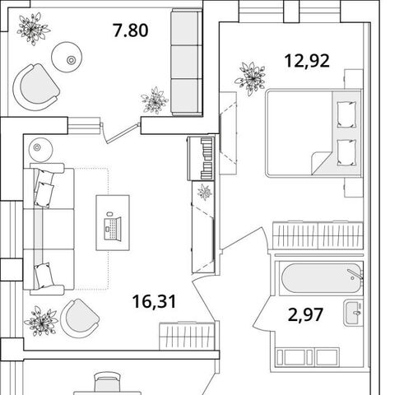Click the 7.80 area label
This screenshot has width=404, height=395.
[x=131, y=30]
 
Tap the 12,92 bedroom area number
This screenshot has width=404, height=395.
[x=307, y=61]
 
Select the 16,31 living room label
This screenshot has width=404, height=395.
[x=154, y=301]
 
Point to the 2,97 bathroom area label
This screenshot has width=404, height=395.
[x=305, y=314]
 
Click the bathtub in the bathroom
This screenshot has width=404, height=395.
[x=322, y=278]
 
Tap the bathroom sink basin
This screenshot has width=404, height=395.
[x=353, y=313]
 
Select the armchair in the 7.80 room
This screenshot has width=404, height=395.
[x=35, y=87]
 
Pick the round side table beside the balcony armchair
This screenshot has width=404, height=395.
[x=67, y=57]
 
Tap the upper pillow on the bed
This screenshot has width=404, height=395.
[x=346, y=114]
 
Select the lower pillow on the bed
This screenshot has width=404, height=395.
[x=346, y=152]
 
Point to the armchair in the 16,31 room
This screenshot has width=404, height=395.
[x=80, y=318]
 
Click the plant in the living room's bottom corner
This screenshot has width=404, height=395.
[x=40, y=321]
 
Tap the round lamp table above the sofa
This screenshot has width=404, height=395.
[x=40, y=150]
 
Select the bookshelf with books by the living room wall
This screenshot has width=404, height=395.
[x=202, y=159]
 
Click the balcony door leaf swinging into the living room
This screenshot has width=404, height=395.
[x=122, y=133]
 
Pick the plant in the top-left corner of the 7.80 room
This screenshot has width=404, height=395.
[x=33, y=29]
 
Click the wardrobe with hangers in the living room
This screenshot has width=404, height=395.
[x=187, y=337]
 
